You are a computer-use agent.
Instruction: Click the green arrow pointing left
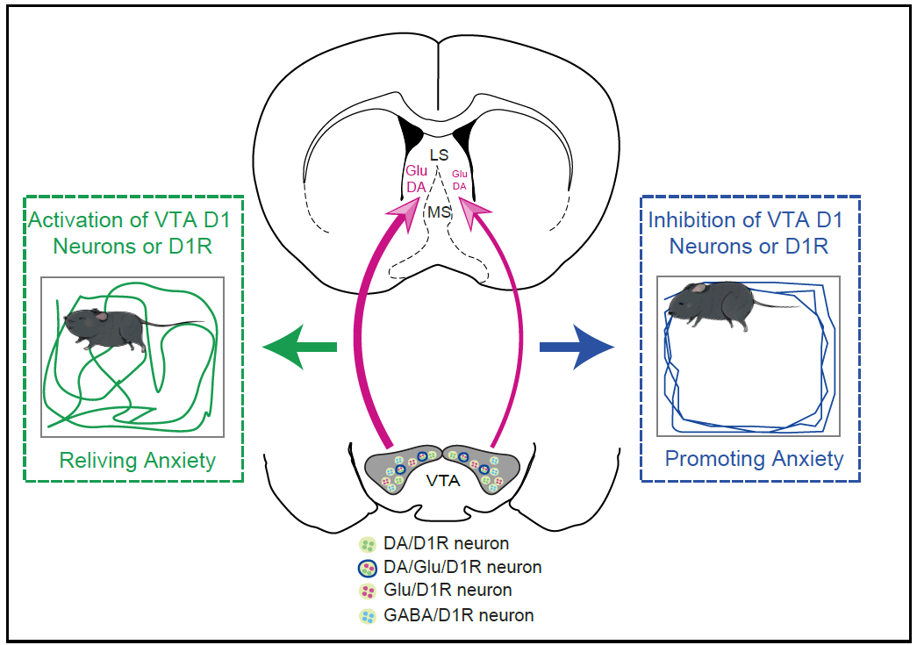pos(299,348)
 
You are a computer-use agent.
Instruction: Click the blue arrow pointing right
pos(579,348)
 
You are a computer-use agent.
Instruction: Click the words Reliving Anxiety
pos(138,460)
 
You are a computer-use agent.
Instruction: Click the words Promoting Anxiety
pos(754,458)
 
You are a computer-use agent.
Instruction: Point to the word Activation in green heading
pos(75,219)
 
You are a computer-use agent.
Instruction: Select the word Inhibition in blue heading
pos(690,219)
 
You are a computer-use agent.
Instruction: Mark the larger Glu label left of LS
pos(416,171)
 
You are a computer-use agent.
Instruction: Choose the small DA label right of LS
pos(459,185)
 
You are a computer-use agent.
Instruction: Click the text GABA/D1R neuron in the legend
pos(458,614)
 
